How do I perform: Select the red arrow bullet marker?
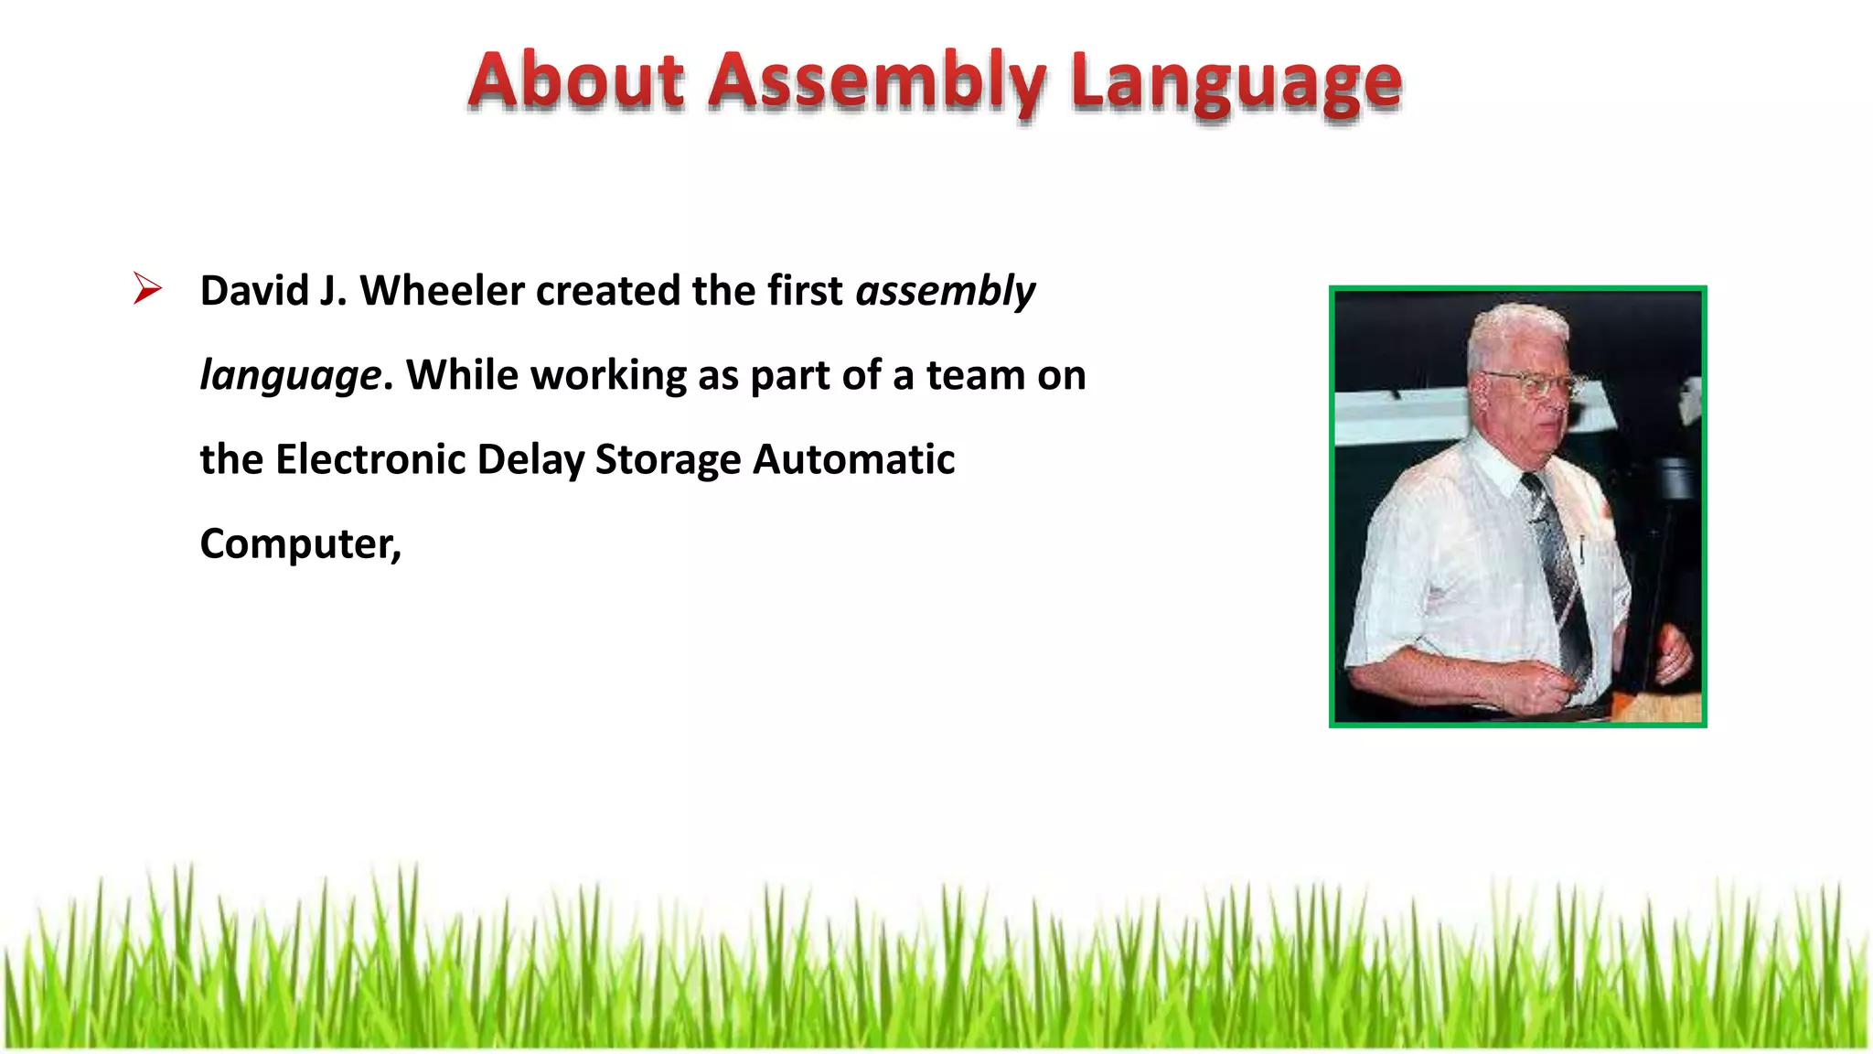pos(146,288)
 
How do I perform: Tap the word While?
pos(462,375)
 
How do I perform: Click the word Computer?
pos(298,545)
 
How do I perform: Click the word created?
pos(608,291)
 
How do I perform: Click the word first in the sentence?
pos(805,291)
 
